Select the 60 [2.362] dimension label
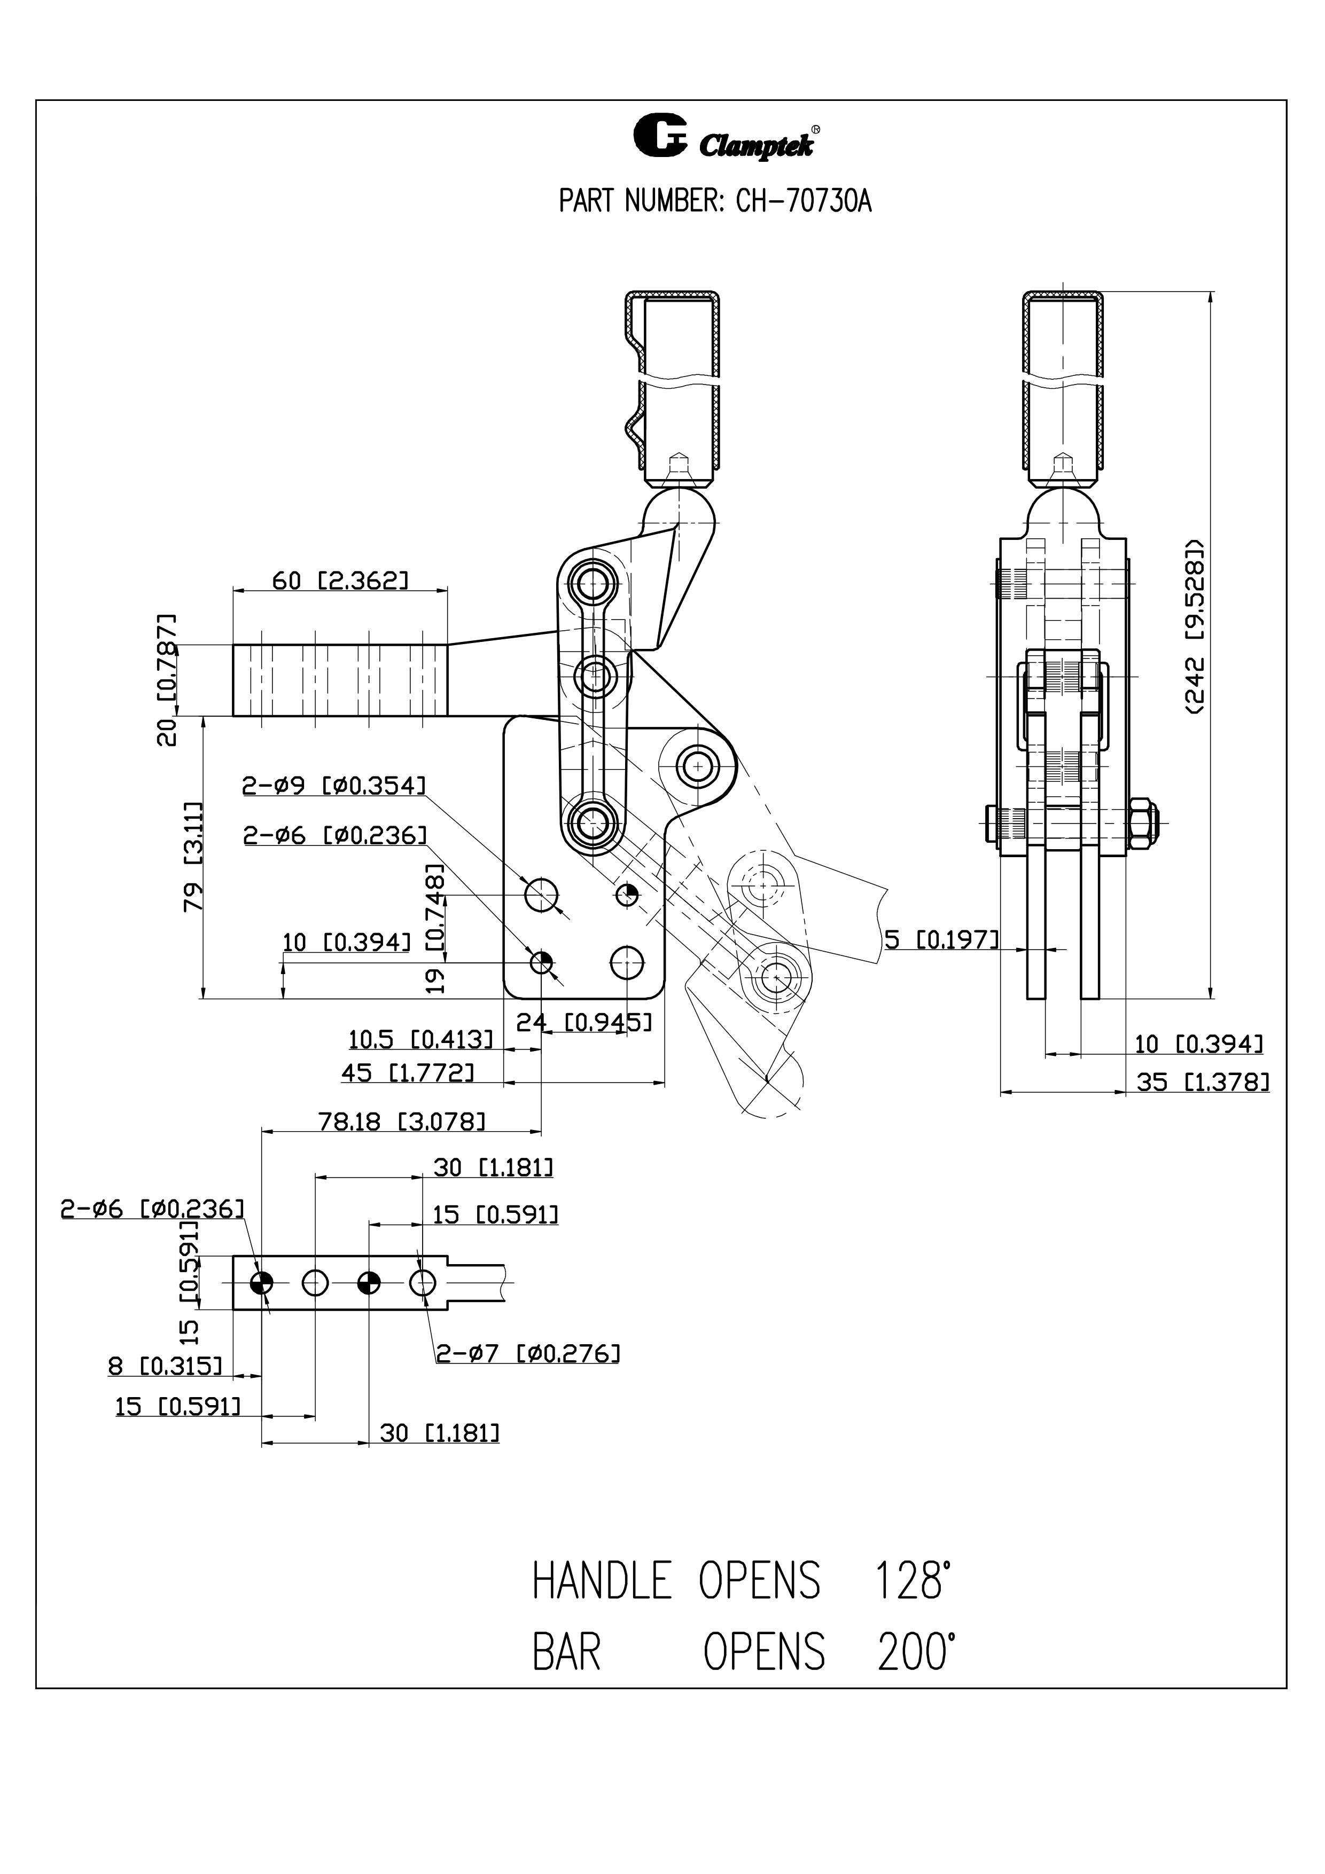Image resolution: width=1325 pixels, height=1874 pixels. point(340,581)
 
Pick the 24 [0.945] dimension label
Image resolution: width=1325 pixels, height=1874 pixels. point(584,1021)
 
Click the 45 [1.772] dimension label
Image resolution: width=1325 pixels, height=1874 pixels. point(407,1072)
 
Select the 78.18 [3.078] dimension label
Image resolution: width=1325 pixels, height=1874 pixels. point(402,1122)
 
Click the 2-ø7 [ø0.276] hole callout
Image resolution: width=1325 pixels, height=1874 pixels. point(527,1353)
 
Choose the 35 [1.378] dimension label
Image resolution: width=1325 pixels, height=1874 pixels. point(1203,1083)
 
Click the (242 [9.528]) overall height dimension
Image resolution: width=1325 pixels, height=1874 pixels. point(1195,626)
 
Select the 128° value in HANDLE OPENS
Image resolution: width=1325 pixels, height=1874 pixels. point(913,1581)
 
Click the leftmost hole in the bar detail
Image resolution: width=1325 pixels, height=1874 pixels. point(261,1283)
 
